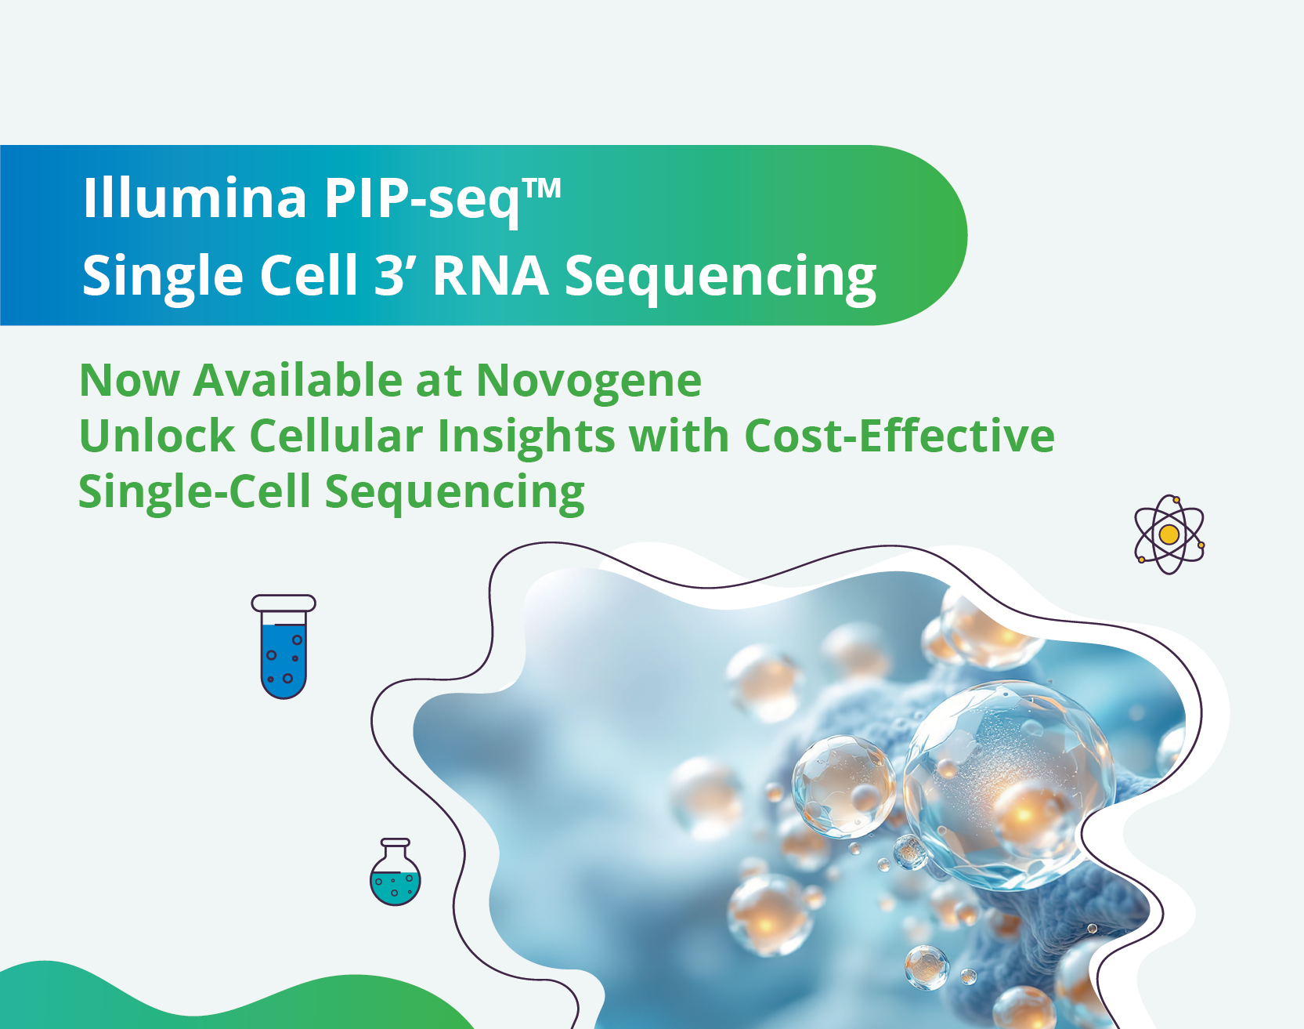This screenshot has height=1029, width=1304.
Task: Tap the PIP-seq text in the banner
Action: [x=422, y=201]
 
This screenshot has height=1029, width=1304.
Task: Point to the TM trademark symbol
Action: [x=542, y=189]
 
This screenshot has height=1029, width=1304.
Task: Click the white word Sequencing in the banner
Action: [x=721, y=279]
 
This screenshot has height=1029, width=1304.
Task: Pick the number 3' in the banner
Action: [x=396, y=275]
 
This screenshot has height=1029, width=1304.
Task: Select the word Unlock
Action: [x=157, y=436]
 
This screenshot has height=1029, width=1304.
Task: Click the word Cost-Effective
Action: [x=899, y=436]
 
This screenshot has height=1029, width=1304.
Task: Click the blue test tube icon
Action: [x=284, y=647]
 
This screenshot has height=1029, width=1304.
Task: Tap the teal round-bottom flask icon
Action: [x=396, y=872]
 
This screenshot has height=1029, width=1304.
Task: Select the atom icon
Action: [x=1169, y=534]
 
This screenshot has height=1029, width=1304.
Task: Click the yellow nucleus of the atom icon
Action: [x=1169, y=534]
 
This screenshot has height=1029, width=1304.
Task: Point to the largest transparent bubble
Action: [x=1010, y=784]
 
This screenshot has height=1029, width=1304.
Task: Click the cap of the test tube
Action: [x=284, y=603]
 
